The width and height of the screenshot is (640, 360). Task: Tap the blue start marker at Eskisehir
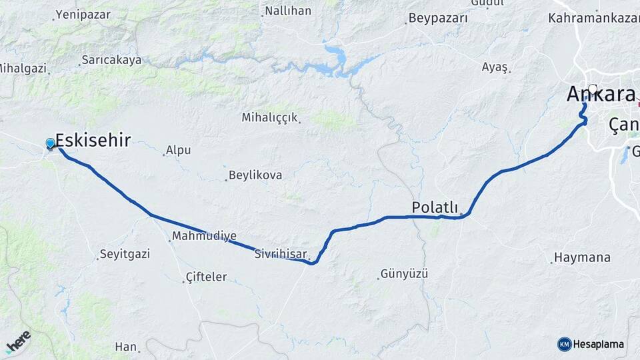tap(51, 143)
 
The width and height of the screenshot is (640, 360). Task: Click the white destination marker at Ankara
tap(593, 88)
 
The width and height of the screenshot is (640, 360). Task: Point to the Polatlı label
tap(434, 207)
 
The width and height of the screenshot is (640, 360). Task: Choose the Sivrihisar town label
tap(281, 254)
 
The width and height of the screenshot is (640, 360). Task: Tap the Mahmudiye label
tap(204, 236)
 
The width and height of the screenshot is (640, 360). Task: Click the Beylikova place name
tap(255, 175)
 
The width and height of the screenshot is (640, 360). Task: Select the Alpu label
tap(178, 150)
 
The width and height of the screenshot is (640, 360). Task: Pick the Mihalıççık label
tap(269, 117)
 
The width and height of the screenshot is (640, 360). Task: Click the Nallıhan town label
tap(287, 11)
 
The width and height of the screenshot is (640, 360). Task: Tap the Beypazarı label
tap(438, 18)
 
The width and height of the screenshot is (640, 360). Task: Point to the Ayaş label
tap(495, 67)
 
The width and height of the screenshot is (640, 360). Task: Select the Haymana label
tap(582, 257)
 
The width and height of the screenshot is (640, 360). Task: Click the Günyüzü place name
tap(403, 273)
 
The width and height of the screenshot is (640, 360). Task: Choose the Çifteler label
tap(206, 277)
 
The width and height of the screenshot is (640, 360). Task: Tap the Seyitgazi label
tap(125, 254)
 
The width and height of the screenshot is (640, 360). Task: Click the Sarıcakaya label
tap(111, 60)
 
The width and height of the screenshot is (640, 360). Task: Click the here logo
tap(18, 341)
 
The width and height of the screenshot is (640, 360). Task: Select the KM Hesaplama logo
tap(591, 344)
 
